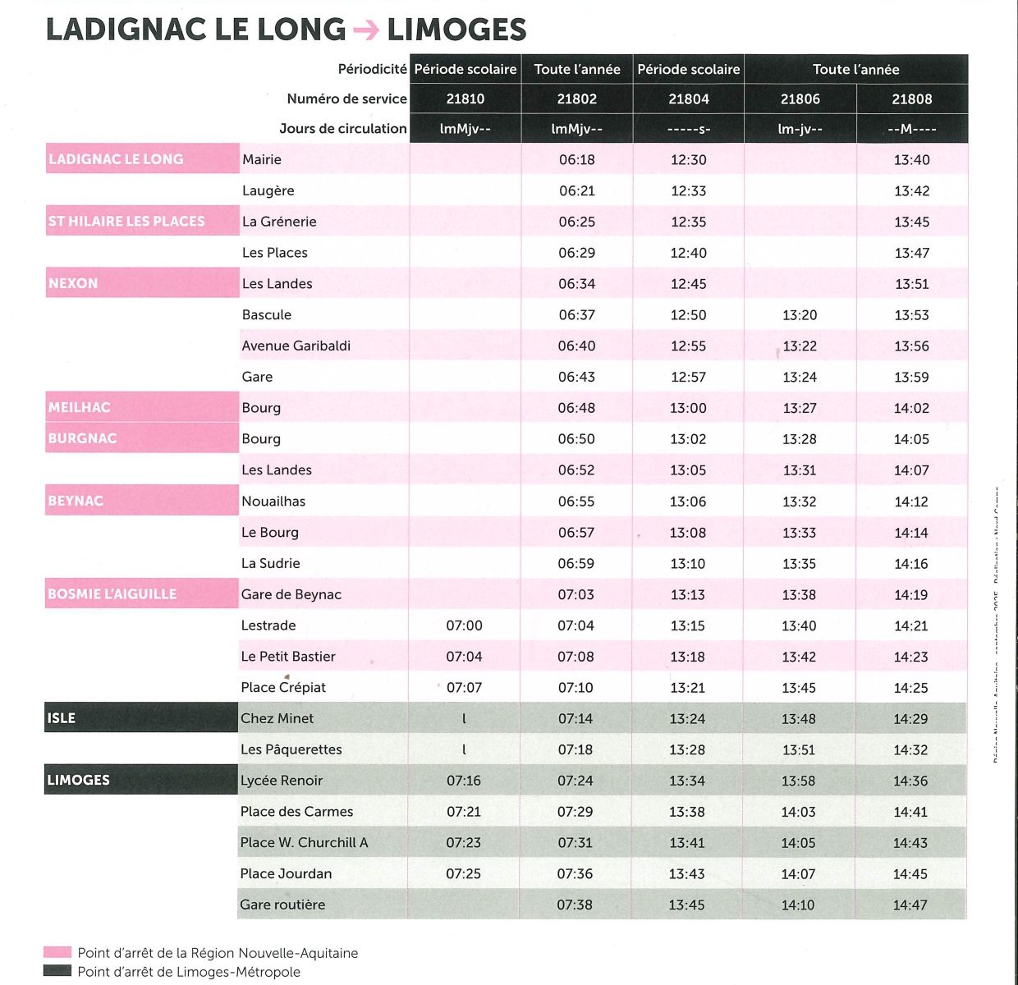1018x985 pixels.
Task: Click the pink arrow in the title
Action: click(x=366, y=30)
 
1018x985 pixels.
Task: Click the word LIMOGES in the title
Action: click(x=456, y=30)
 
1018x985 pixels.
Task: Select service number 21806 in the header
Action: click(x=800, y=99)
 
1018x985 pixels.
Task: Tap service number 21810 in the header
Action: click(x=465, y=99)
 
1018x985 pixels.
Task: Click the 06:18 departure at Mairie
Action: click(x=576, y=160)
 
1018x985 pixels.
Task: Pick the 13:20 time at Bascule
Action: click(x=800, y=315)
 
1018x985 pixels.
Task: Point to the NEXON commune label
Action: click(x=73, y=283)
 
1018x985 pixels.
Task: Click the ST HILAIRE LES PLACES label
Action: click(x=126, y=222)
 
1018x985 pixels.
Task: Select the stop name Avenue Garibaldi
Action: click(x=296, y=346)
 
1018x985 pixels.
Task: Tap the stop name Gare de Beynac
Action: click(x=291, y=594)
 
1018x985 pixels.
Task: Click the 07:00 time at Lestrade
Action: click(x=464, y=625)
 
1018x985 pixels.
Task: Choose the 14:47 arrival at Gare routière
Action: click(x=910, y=905)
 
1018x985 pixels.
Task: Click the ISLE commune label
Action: click(x=62, y=718)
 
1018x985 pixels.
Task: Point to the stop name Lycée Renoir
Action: click(x=282, y=781)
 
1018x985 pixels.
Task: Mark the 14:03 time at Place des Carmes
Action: click(x=799, y=812)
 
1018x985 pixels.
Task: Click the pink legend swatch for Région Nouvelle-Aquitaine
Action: click(x=57, y=953)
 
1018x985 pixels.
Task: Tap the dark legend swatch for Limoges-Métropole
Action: click(x=57, y=972)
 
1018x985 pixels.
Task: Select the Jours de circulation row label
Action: click(x=342, y=129)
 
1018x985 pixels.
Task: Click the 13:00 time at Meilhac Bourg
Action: click(x=688, y=408)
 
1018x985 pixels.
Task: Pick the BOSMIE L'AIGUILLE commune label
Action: click(x=112, y=594)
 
